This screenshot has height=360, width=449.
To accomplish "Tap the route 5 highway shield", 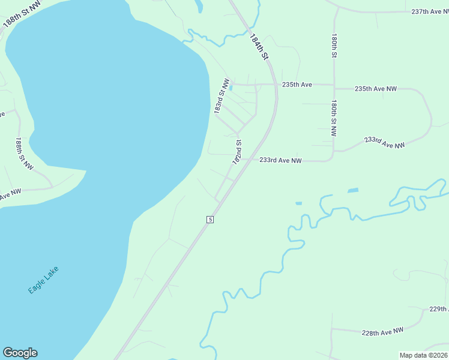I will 209,220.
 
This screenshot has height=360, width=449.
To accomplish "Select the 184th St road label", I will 259,46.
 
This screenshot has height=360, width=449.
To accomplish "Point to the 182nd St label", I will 238,152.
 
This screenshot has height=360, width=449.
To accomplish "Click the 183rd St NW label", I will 222,96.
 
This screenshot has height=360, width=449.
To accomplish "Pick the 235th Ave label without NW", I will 298,85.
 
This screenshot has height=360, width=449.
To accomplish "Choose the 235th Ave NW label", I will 376,89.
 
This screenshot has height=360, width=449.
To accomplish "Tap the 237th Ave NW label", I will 430,11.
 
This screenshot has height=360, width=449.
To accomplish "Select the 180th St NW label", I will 334,119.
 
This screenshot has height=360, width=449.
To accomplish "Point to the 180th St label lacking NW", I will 333,46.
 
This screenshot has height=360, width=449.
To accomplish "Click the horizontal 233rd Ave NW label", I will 280,160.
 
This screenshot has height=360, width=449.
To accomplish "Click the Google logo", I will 20,353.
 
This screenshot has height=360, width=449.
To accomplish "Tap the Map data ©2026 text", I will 423,355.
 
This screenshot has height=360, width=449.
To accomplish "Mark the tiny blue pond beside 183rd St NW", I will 231,88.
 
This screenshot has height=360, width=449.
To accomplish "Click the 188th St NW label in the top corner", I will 18,14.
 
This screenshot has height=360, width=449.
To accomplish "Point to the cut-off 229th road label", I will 439,309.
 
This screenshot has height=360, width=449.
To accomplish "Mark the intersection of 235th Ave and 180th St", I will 334,85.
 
